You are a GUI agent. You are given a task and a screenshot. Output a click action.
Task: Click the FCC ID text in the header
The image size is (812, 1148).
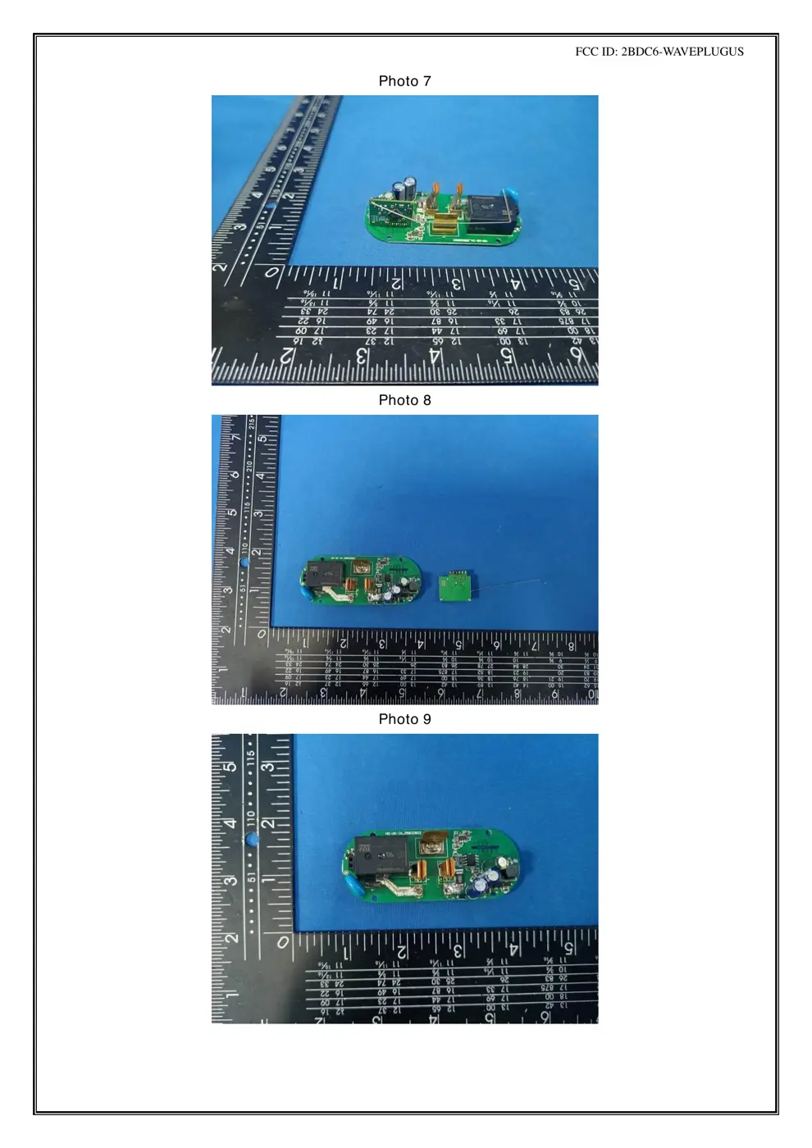click(x=659, y=51)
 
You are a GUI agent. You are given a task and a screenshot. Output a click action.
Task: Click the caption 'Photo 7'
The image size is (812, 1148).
click(x=404, y=81)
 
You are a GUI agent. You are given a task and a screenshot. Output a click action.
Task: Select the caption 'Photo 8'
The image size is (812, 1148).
click(x=404, y=400)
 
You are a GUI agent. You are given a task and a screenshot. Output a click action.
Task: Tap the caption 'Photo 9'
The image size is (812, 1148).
click(x=404, y=719)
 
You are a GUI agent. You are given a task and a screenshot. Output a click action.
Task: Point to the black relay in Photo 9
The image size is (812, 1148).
click(x=377, y=856)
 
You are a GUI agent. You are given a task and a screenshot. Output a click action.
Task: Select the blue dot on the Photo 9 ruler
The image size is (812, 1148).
click(x=253, y=839)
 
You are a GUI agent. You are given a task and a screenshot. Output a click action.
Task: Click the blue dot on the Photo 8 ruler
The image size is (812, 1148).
click(x=244, y=563)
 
